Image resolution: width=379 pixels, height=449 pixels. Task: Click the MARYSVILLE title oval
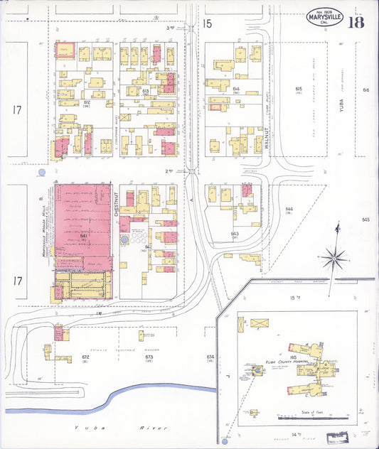(324, 17)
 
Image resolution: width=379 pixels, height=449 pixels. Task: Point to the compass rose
(334, 257)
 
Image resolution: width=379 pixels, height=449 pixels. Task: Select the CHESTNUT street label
(114, 206)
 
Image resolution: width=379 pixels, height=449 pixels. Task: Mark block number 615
(299, 89)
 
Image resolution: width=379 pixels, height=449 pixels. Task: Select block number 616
(366, 90)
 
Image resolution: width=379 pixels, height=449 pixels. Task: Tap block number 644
(289, 210)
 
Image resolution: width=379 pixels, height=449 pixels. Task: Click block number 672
(85, 356)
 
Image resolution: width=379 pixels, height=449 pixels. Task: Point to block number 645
(366, 220)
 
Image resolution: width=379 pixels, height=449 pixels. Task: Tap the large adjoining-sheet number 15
(207, 24)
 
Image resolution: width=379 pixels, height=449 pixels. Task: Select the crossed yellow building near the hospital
(259, 323)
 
